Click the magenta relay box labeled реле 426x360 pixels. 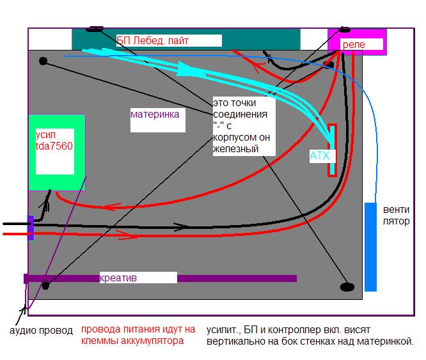point(356,43)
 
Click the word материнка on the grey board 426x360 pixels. point(154,115)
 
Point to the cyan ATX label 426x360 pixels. point(319,155)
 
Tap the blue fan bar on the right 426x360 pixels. point(370,247)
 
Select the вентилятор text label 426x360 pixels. point(397,215)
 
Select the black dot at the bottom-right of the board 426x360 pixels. point(347,287)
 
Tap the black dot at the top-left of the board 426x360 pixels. point(43,61)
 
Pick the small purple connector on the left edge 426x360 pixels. point(31,228)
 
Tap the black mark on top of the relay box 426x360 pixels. point(345,29)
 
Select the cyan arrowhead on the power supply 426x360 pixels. point(185,67)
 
